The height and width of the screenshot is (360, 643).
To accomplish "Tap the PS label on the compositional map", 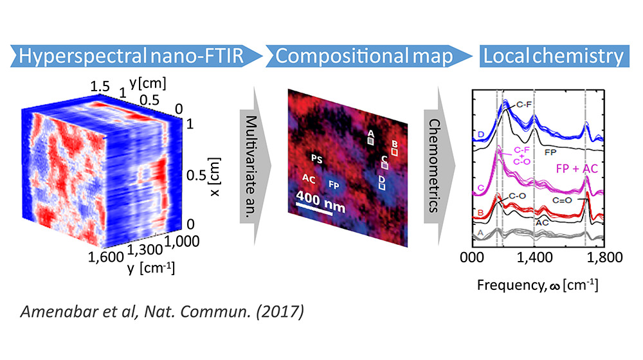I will click(316, 158).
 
